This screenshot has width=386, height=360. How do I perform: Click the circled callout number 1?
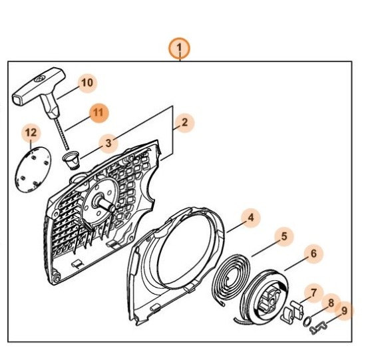point(179,48)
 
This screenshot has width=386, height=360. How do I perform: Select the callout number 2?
point(184,122)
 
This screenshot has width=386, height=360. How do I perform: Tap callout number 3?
point(108,143)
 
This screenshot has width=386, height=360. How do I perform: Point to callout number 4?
point(251,218)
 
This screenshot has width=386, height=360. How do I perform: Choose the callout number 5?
point(284,236)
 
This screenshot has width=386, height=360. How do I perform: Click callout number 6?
point(313,254)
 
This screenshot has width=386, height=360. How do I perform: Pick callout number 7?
point(313,293)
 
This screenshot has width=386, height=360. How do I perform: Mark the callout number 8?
point(331,303)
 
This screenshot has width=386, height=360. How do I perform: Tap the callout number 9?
point(344,311)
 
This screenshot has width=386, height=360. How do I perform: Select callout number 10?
point(87,83)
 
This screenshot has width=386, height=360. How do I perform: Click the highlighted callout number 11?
point(98,113)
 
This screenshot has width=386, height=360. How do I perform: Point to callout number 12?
point(31,132)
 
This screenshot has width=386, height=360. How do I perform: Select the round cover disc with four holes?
point(33,170)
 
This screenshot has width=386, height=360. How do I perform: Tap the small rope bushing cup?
point(71,160)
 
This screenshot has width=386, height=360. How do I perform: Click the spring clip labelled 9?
point(319,329)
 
